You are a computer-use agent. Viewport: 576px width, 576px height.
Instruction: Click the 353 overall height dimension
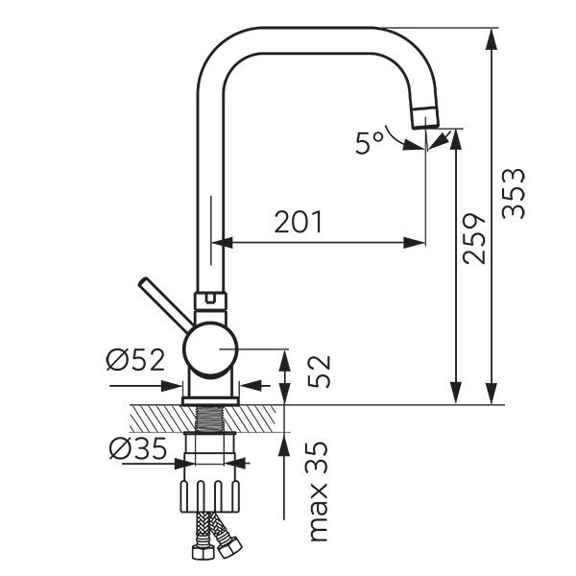[x=514, y=193]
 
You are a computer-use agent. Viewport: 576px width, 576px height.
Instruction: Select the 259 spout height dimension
[x=474, y=238]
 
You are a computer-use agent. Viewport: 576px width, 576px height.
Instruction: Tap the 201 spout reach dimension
[x=299, y=222]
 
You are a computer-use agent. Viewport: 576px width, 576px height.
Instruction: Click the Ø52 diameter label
[x=135, y=360]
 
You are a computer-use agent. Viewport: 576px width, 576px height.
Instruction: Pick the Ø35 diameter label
[x=138, y=448]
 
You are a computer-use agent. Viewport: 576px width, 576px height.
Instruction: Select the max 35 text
[x=317, y=491]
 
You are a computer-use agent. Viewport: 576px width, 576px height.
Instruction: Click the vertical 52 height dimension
[x=320, y=372]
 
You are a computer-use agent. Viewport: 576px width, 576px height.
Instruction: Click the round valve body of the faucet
[x=210, y=349]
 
